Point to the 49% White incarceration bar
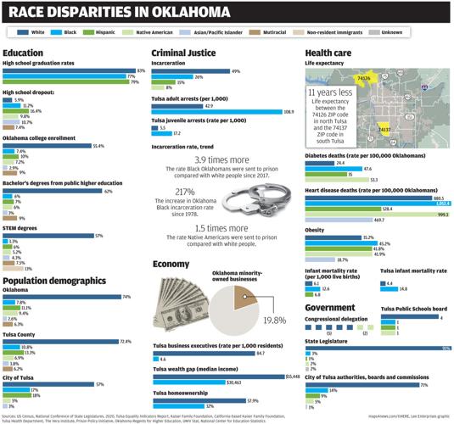pos(190,70)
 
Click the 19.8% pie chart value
pos(274,321)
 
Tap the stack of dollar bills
pos(179,304)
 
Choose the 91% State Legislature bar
pos(374,347)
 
